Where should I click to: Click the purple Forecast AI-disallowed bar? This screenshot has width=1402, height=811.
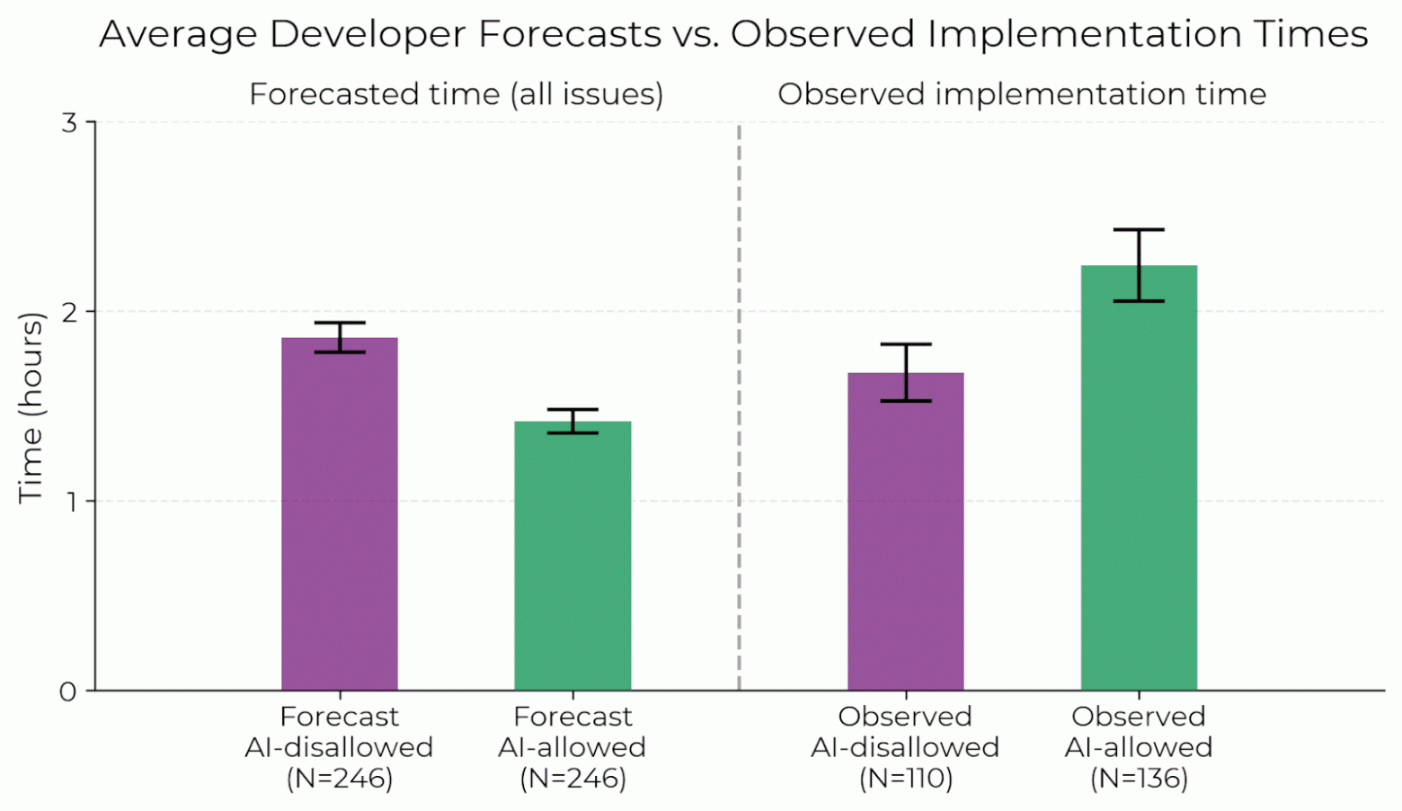[340, 513]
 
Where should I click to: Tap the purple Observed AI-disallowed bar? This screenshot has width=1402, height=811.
[906, 531]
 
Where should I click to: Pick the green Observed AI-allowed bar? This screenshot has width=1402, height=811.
[1139, 477]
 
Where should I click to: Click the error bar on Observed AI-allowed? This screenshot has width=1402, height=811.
[1139, 265]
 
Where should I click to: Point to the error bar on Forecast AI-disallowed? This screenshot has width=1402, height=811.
[340, 337]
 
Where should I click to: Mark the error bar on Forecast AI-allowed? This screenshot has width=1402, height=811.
[572, 421]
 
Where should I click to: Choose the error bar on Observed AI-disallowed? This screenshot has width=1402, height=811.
[906, 372]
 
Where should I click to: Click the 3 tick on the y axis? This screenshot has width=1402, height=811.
[69, 122]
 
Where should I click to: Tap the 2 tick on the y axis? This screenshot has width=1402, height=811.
[69, 312]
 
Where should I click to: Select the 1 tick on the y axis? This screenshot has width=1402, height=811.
[69, 501]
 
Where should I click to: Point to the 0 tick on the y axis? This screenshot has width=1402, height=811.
[69, 691]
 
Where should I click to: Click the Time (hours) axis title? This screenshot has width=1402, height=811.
[31, 407]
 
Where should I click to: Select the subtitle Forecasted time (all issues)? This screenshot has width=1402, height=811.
[456, 94]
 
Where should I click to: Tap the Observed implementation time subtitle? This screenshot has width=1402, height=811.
[1022, 94]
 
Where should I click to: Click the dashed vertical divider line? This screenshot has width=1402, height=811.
[740, 405]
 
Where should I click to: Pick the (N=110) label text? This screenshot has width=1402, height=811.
[906, 778]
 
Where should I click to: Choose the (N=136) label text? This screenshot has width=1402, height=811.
[1139, 778]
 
